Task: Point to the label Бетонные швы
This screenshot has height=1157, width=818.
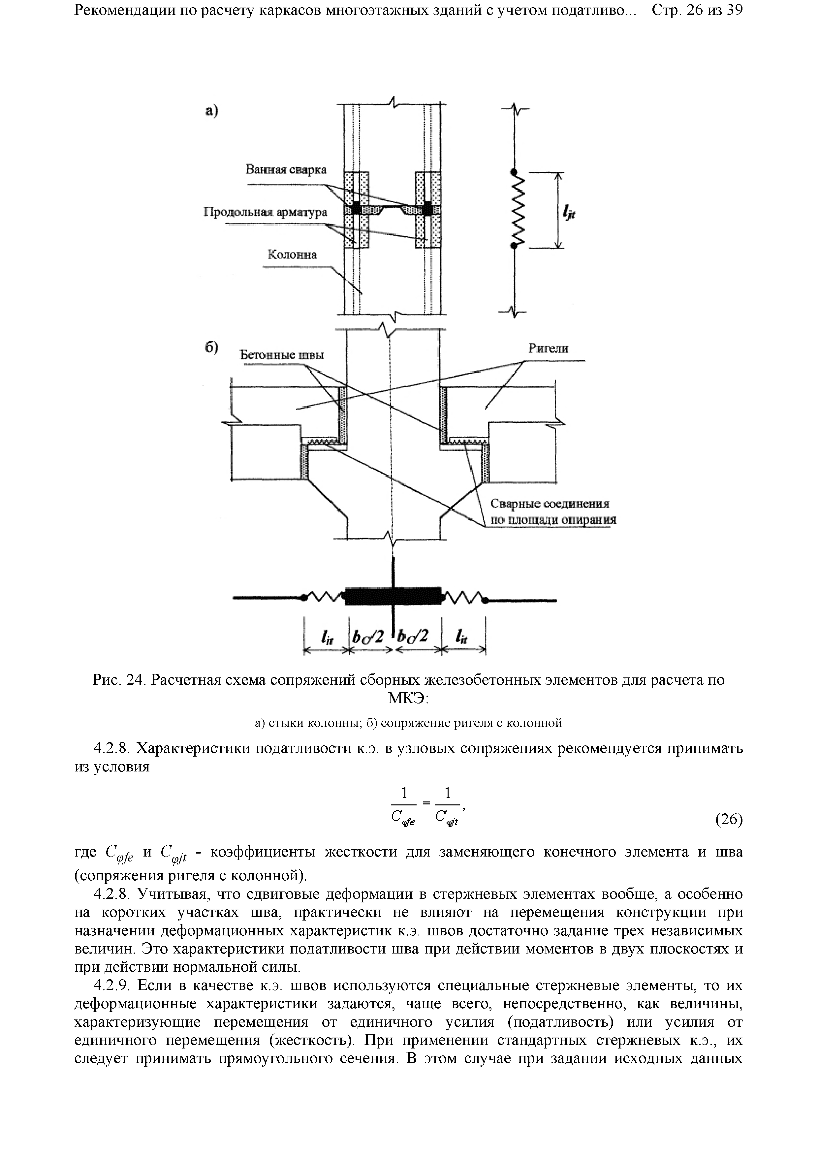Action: (x=281, y=355)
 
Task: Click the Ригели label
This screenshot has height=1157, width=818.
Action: (x=549, y=348)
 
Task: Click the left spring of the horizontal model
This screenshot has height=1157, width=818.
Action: (x=324, y=597)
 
